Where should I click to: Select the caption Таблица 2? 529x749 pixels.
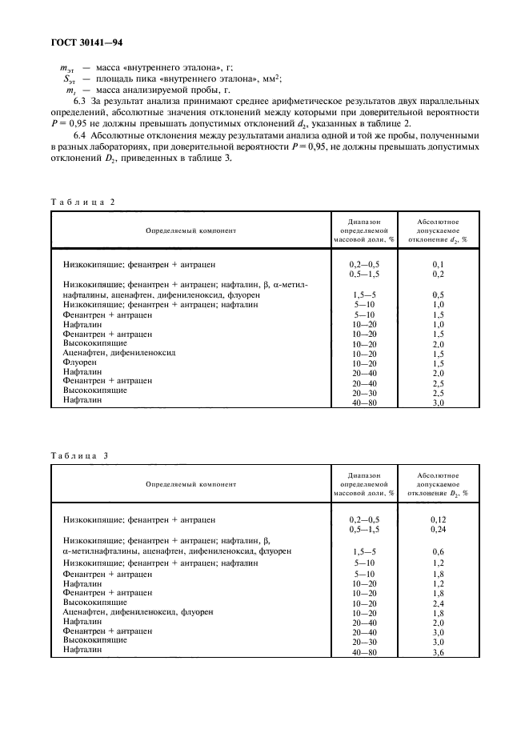pos(83,202)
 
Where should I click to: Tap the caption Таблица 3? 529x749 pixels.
pos(83,455)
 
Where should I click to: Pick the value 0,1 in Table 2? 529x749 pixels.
pos(438,263)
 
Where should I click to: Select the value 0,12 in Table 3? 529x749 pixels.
pos(438,519)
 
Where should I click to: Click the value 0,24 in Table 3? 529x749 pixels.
pos(438,529)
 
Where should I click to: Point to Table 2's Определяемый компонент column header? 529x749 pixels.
pos(190,230)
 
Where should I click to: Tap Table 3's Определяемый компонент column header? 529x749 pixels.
pos(190,483)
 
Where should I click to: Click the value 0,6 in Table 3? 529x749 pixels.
pos(438,551)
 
